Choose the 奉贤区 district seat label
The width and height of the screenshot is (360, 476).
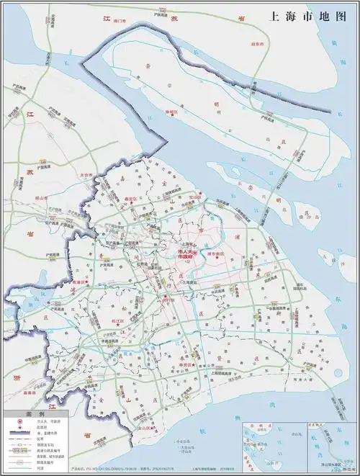click(189, 364)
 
